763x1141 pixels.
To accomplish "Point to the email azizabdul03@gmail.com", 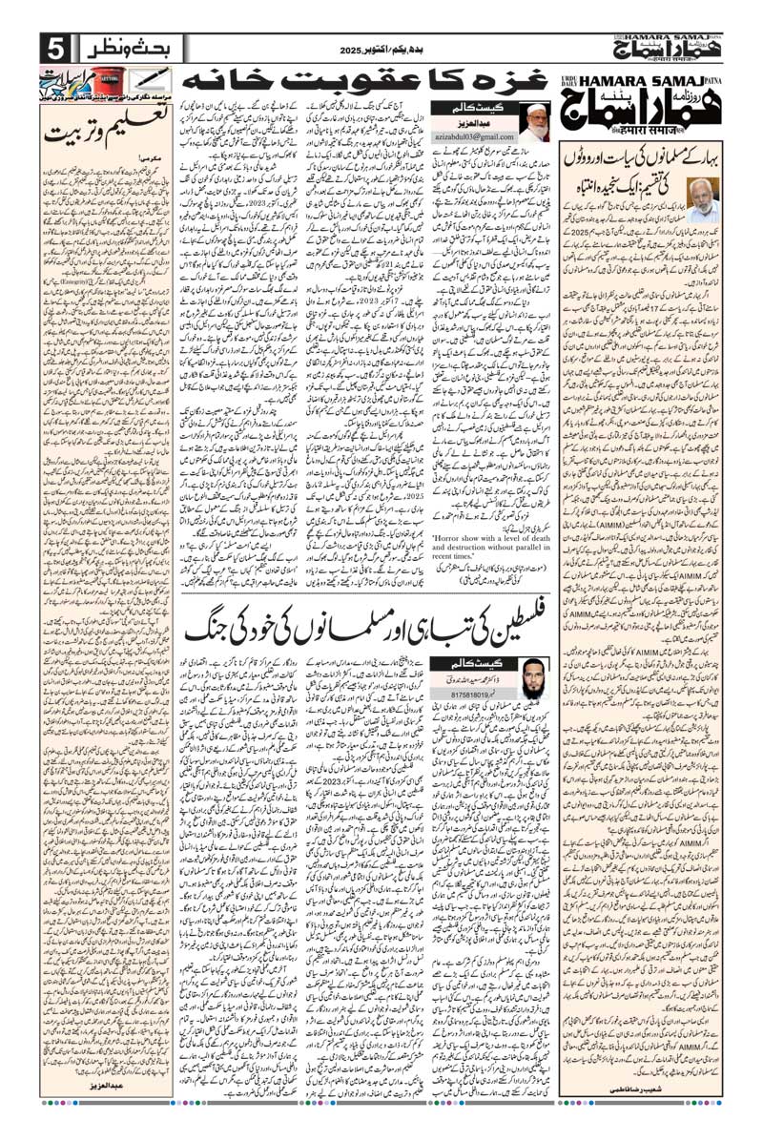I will (x=473, y=138).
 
